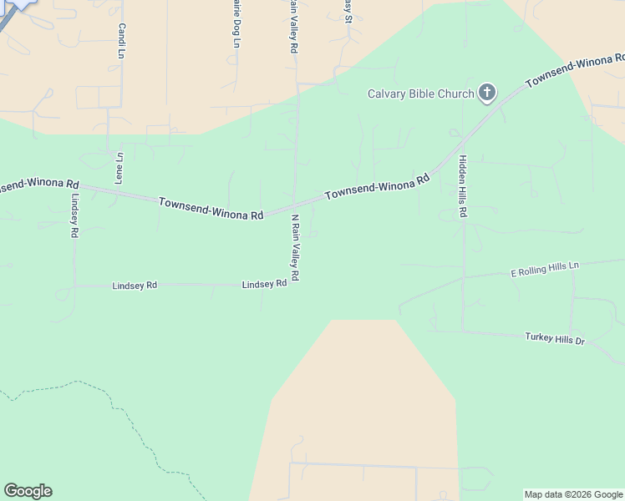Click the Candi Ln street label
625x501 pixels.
[x=121, y=41]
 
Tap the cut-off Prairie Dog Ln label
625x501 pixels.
[x=236, y=23]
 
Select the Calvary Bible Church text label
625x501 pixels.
[x=421, y=94]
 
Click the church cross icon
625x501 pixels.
[x=487, y=94]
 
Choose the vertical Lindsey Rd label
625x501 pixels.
[x=74, y=216]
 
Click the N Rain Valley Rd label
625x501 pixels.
[x=294, y=247]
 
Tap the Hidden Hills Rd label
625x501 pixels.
[x=462, y=187]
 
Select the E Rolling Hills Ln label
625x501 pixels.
[x=544, y=269]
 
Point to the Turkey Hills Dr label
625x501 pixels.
[x=555, y=338]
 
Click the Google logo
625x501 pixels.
[x=28, y=491]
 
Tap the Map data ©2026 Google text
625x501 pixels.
[x=573, y=494]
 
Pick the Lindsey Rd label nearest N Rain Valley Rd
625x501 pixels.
[x=264, y=284]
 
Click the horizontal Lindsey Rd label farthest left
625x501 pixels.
[x=135, y=286]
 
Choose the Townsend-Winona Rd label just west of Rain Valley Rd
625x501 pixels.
[x=211, y=209]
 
